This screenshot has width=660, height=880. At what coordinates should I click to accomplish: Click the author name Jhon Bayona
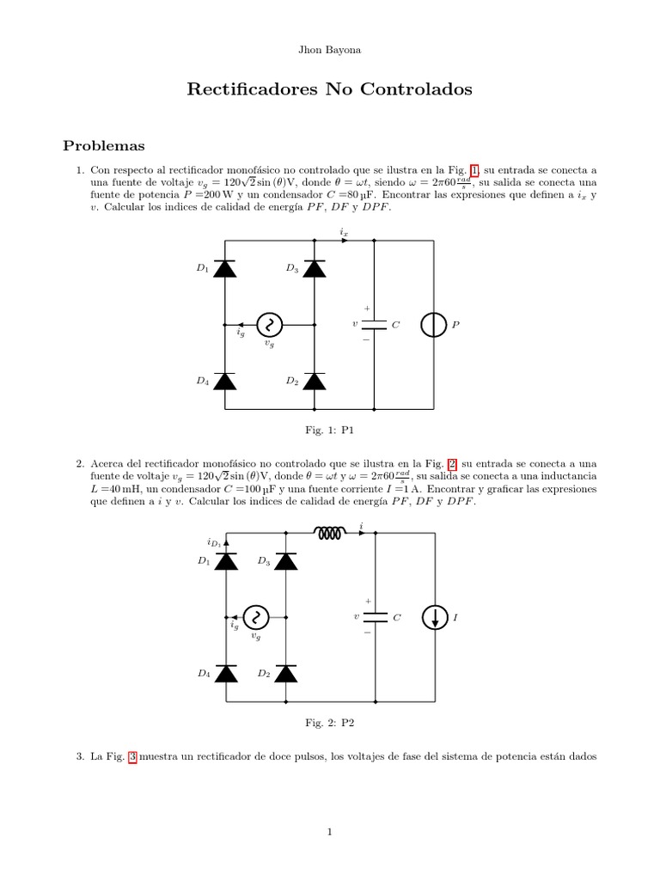329,50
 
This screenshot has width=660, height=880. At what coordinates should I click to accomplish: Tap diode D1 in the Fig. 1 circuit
225,269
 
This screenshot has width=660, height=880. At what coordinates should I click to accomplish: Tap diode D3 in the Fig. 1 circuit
315,269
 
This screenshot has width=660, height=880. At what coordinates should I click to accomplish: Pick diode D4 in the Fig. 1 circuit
225,381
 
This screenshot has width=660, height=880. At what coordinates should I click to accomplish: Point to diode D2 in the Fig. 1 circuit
315,381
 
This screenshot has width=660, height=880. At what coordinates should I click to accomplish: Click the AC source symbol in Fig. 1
270,325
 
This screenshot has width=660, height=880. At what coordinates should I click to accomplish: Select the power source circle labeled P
433,325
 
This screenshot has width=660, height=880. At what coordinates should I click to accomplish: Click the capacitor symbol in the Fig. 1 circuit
374,325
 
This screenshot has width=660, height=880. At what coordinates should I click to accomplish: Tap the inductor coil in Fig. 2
331,534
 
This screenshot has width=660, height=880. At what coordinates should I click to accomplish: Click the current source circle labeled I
433,617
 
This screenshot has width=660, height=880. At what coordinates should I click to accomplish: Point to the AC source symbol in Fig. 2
255,617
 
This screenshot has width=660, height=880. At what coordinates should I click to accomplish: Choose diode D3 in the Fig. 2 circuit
285,561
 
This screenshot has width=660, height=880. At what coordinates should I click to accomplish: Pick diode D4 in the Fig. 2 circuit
225,674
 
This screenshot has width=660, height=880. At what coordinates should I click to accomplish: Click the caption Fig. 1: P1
329,429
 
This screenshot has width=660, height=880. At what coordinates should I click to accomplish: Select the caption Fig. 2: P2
329,723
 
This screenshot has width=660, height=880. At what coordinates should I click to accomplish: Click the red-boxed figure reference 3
132,756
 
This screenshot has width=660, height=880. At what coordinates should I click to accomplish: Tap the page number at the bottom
329,831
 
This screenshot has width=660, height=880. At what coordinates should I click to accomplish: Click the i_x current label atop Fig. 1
344,232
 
